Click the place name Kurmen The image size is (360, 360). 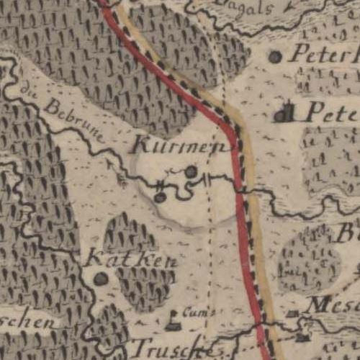pos(182,145)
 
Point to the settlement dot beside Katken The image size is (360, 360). pos(101,278)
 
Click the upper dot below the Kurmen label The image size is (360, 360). pos(191,171)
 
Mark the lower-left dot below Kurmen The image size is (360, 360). pos(160,196)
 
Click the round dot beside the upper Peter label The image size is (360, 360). pos(275,56)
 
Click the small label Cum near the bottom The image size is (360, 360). pos(193,312)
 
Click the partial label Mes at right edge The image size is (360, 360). pos(332,306)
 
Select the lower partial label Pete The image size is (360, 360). pos(332,112)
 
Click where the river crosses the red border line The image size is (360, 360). pos(241,189)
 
